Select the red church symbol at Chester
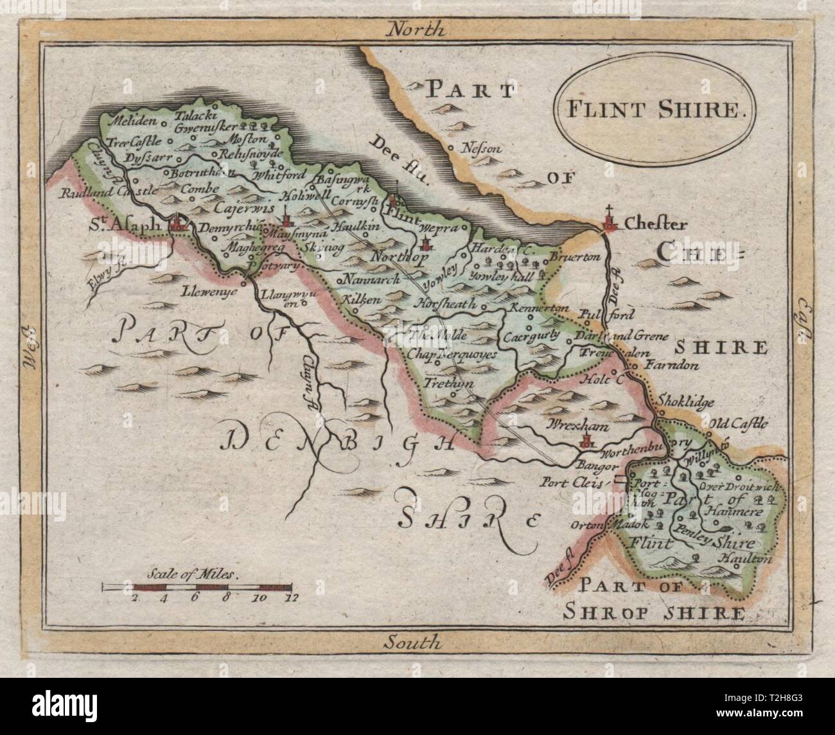coord(610,222)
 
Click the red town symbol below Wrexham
coord(585,441)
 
